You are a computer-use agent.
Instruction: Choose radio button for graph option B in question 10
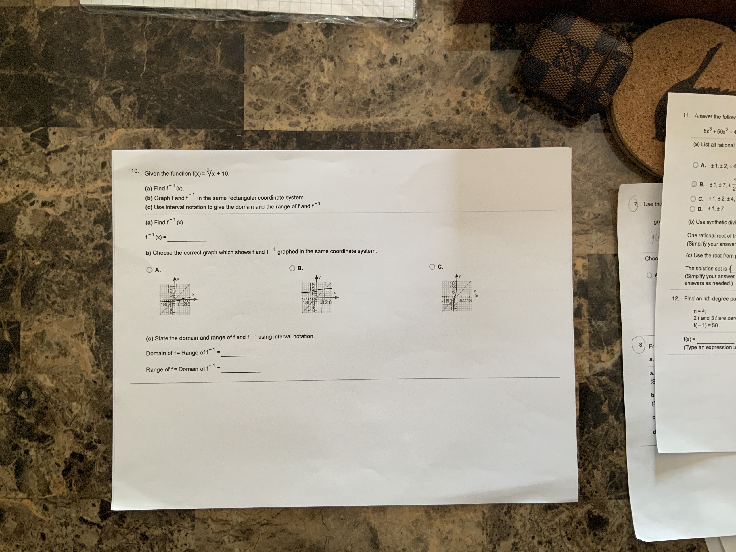pyautogui.click(x=292, y=268)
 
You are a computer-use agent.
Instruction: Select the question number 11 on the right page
pyautogui.click(x=686, y=116)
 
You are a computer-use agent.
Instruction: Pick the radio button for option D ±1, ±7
pyautogui.click(x=692, y=209)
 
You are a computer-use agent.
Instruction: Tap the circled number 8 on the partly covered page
pyautogui.click(x=641, y=345)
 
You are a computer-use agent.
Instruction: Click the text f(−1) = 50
pyautogui.click(x=705, y=325)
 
